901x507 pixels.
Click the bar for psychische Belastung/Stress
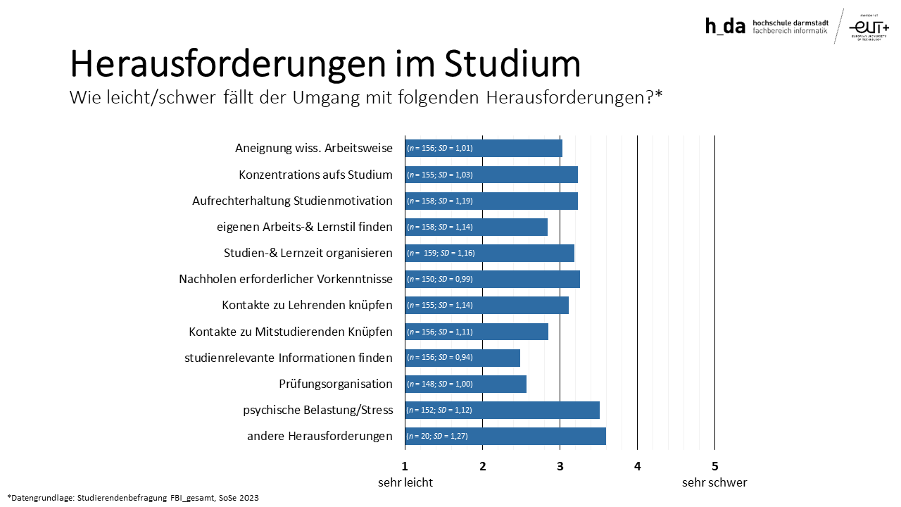(502, 410)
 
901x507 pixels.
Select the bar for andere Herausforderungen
(505, 436)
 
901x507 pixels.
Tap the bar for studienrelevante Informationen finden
(462, 358)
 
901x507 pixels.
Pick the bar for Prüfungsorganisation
(465, 384)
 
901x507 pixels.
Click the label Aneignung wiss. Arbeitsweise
(314, 149)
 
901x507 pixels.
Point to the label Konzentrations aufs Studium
(315, 175)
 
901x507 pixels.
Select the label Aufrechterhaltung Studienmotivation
(292, 201)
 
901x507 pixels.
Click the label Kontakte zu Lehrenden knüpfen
(307, 305)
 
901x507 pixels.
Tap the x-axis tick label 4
(637, 465)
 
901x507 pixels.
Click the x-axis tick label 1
(405, 465)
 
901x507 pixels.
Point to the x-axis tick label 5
(714, 465)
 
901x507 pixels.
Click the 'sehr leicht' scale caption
(405, 482)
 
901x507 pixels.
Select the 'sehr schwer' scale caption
(714, 482)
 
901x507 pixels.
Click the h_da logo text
(725, 26)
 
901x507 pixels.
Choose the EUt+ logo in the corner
(869, 26)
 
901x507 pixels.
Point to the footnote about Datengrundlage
(133, 498)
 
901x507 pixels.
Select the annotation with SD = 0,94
(440, 358)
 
